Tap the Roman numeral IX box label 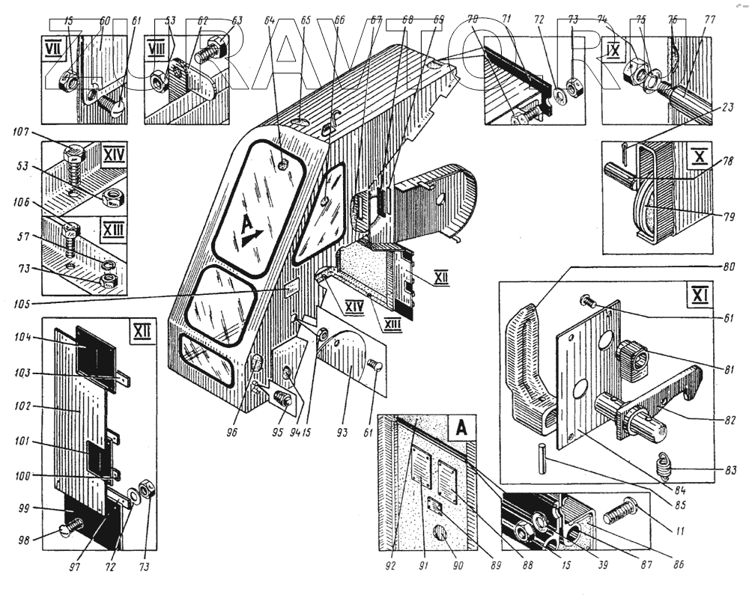(x=612, y=54)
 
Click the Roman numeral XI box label (x=691, y=290)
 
